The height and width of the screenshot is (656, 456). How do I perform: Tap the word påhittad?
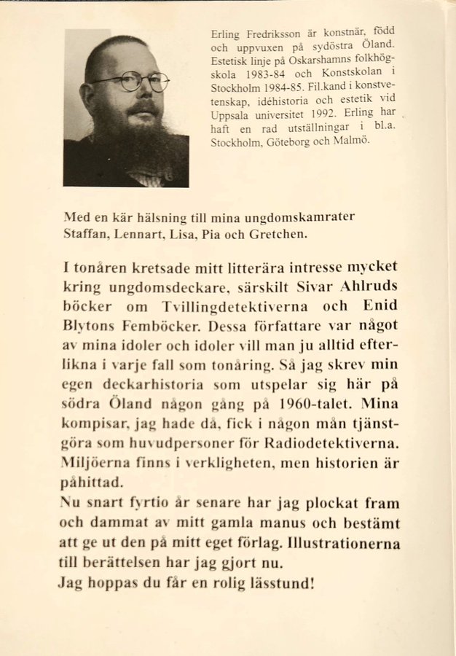pyautogui.click(x=92, y=482)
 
